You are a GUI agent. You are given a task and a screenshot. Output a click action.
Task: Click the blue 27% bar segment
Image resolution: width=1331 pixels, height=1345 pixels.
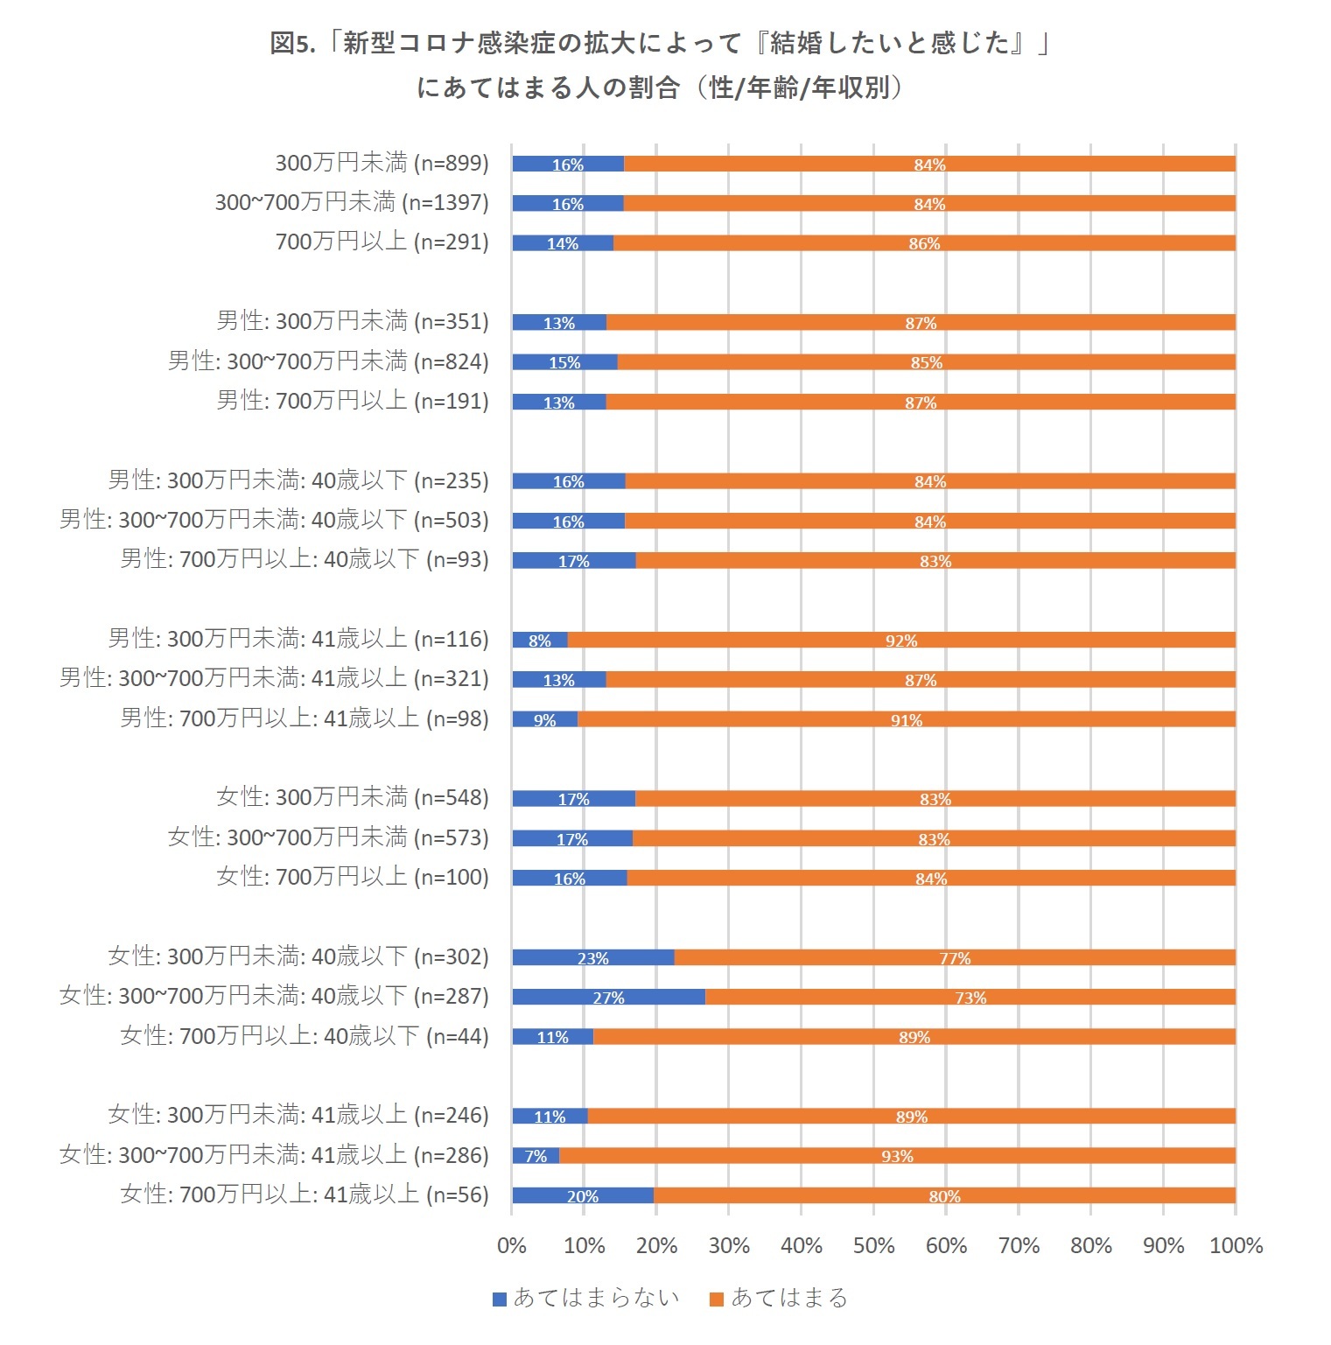tap(608, 997)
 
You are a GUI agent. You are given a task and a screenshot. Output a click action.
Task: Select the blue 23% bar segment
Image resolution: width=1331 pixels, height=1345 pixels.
tap(592, 957)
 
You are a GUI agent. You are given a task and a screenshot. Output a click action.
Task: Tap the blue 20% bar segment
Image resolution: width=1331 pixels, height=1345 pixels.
tap(582, 1195)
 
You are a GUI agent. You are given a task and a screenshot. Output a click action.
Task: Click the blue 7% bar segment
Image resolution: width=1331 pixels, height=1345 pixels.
tap(536, 1156)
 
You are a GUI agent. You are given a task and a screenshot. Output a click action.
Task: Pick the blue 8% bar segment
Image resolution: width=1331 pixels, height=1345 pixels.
tap(539, 640)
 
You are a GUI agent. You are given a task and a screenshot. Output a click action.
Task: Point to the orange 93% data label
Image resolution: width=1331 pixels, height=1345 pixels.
tap(897, 1156)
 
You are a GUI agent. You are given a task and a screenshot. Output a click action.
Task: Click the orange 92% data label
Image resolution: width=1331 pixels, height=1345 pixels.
tap(901, 641)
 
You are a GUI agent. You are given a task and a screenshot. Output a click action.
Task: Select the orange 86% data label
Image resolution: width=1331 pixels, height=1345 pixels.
tap(924, 243)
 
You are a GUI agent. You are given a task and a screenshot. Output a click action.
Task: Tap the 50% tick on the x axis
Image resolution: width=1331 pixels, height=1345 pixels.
tap(873, 1245)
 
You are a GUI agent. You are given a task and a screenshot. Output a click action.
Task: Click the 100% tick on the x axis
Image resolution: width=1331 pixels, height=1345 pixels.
tap(1236, 1245)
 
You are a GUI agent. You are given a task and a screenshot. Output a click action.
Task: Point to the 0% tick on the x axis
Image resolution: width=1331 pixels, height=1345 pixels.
tap(512, 1245)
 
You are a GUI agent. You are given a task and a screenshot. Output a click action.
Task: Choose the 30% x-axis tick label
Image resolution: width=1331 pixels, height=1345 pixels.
tap(729, 1245)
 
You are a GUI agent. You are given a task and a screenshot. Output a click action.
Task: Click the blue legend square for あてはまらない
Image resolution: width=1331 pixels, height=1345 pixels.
tap(500, 1299)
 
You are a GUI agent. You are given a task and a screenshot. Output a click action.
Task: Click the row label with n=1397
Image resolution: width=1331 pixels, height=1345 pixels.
tap(352, 203)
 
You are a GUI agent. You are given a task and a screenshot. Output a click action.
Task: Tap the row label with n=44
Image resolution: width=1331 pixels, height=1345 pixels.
tap(305, 1036)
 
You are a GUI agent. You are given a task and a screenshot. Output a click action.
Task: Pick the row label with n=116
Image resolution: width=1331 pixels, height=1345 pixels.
tap(298, 639)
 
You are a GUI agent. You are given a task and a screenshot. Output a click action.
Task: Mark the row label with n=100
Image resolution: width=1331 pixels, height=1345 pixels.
tap(353, 877)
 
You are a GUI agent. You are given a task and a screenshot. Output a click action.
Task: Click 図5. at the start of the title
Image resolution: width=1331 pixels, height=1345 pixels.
tap(291, 43)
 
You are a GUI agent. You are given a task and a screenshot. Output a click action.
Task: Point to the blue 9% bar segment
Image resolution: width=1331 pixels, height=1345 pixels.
tap(544, 719)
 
